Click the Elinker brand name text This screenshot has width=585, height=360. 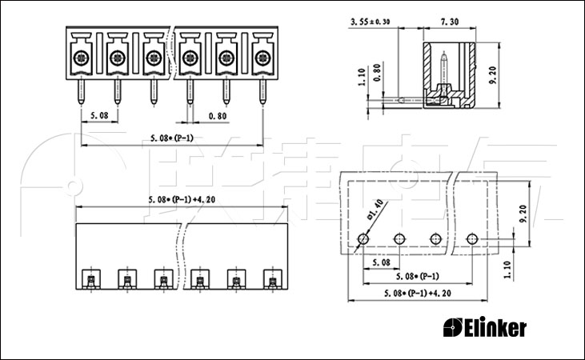pos(495,327)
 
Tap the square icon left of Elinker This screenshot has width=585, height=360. pos(453,327)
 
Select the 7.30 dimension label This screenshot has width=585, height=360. pos(450,22)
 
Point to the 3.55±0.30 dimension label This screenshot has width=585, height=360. pos(370,22)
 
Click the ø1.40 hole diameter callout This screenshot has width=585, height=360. pos(375,209)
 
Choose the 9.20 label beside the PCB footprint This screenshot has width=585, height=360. pos(523,214)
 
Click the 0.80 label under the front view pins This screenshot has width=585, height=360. pos(218,116)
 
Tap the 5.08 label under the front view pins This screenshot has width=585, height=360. pos(99,116)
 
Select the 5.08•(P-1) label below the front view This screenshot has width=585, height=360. pos(172,138)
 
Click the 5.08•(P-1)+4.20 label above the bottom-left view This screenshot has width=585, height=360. pos(182,199)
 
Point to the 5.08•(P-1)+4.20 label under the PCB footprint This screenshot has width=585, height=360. pos(418,294)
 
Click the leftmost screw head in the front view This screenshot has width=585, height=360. pos(81,58)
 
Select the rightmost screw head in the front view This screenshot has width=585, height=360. pos(262,58)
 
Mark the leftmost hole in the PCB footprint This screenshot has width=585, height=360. pos(363,238)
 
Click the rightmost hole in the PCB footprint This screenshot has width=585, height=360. pos(472,238)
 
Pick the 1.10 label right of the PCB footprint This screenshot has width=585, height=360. pos(507,270)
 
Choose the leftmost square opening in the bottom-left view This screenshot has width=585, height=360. pos(90,278)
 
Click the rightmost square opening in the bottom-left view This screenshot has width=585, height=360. pos(273,278)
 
